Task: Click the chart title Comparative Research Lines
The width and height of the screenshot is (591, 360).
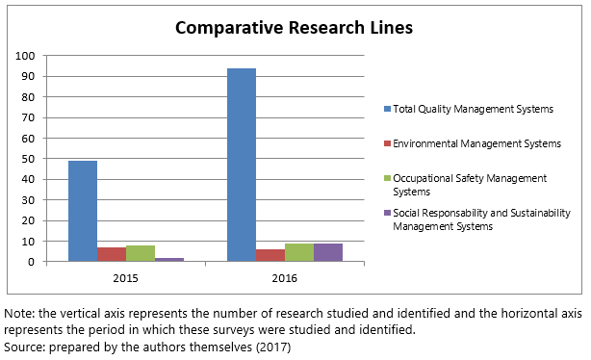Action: tap(293, 28)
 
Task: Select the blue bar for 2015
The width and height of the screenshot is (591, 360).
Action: tap(83, 211)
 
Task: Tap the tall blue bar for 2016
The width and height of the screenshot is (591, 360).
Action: tap(242, 165)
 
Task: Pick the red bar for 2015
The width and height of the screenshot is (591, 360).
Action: tap(112, 254)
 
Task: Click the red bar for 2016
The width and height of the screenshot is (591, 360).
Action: tap(270, 255)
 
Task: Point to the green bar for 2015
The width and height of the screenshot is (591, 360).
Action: tap(141, 253)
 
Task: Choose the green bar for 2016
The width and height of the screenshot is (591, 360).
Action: tap(299, 252)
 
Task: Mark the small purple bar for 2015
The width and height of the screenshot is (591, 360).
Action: tap(169, 259)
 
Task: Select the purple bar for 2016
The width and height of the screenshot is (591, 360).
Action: tap(328, 252)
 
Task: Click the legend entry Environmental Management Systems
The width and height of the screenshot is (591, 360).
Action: tap(471, 143)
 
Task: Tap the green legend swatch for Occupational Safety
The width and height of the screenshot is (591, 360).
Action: tap(385, 178)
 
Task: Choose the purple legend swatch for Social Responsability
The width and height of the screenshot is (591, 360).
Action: tap(385, 213)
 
